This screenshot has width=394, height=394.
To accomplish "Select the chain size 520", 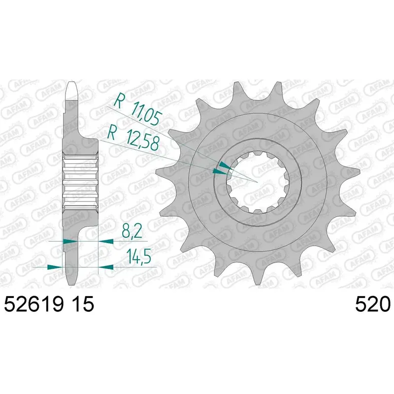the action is [372, 304].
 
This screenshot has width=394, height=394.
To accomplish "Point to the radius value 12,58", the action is [143, 142].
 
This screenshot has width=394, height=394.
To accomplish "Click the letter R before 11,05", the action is [119, 101].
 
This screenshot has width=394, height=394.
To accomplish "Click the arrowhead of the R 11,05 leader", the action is [225, 165].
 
